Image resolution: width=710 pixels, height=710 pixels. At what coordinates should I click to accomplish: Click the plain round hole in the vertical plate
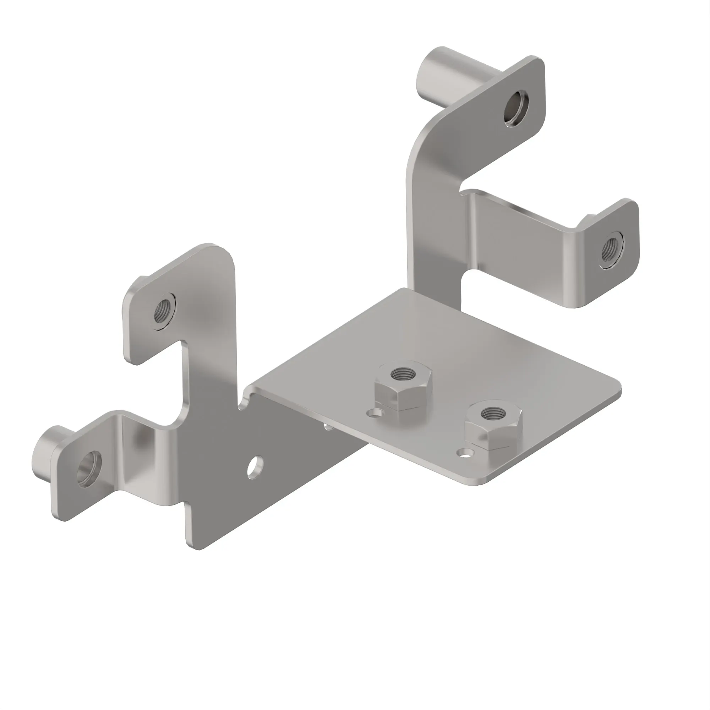point(254,467)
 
